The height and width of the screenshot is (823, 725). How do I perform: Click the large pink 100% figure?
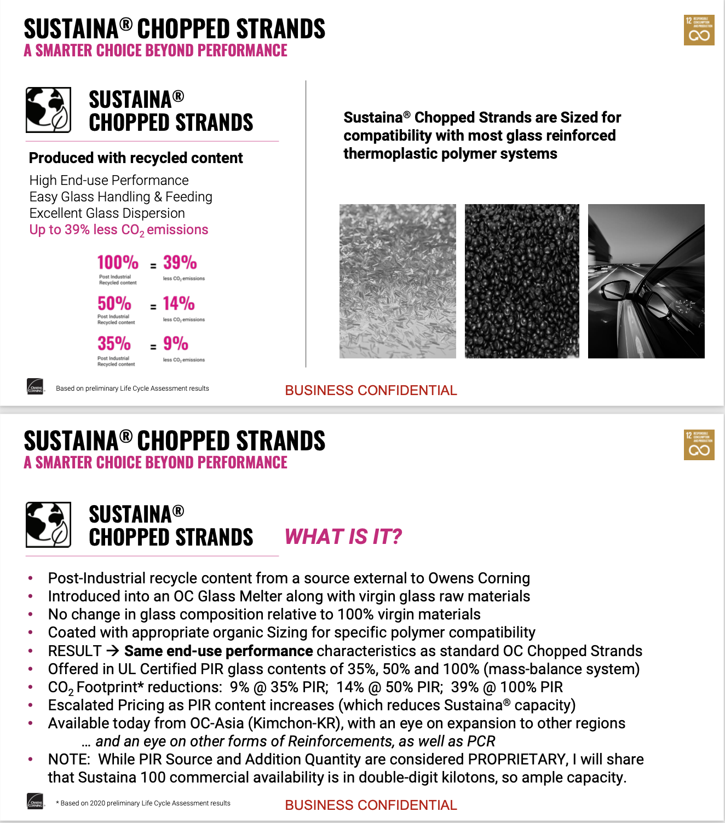tap(118, 263)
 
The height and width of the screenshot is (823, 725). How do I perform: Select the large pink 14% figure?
tap(179, 304)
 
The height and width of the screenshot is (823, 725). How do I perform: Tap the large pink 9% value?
tap(175, 344)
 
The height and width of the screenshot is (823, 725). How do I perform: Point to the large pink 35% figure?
tap(114, 344)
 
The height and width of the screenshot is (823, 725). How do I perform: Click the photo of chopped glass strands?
tap(398, 281)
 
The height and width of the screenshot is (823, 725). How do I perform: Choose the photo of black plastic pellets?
tap(522, 281)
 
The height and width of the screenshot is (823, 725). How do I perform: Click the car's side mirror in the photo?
tap(616, 290)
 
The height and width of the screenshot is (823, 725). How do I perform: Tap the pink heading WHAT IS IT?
tap(343, 537)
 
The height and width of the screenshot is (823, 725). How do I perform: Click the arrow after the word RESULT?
tap(112, 651)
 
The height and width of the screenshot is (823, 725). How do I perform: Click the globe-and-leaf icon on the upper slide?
tap(48, 110)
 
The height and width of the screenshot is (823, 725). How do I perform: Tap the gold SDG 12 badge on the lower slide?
tap(699, 445)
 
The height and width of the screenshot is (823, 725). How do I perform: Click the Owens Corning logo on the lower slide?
tap(35, 802)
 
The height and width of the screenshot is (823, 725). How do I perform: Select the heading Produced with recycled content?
tap(136, 158)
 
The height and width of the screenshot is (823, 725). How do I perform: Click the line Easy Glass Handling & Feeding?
tap(120, 197)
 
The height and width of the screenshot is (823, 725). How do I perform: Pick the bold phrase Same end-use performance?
tap(218, 651)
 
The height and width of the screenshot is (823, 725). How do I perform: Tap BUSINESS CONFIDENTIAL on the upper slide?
tap(371, 390)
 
